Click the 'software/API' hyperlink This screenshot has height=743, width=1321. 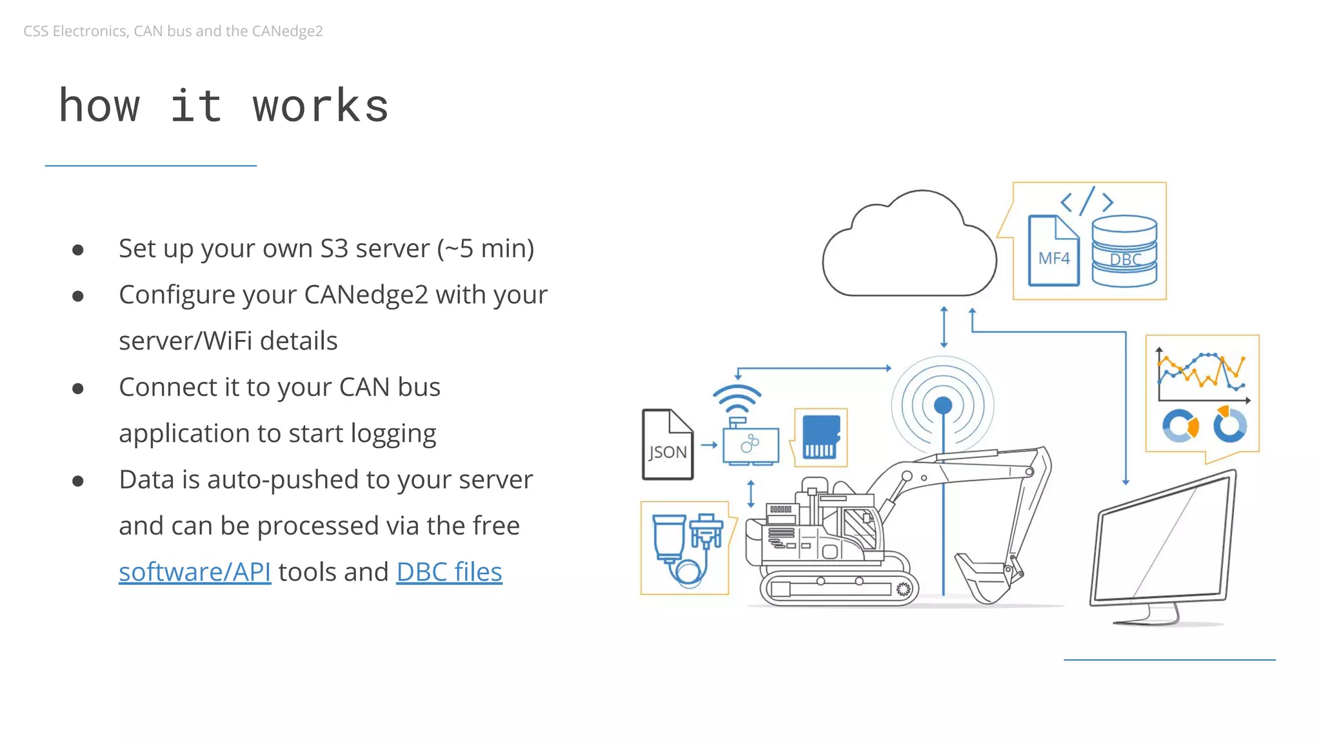pyautogui.click(x=195, y=572)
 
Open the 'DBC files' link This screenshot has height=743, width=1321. pyautogui.click(x=449, y=572)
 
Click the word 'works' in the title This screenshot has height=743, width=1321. pyautogui.click(x=321, y=106)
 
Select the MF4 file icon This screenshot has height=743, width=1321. pyautogui.click(x=1053, y=251)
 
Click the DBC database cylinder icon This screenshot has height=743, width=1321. pyautogui.click(x=1124, y=252)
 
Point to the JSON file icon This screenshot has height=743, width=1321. pyautogui.click(x=668, y=445)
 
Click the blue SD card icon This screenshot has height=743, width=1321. pyautogui.click(x=820, y=437)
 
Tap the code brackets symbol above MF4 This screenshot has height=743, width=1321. pyautogui.click(x=1087, y=201)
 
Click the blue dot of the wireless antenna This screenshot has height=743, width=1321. pyautogui.click(x=943, y=405)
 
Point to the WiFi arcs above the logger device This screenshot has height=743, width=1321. pyautogui.click(x=737, y=399)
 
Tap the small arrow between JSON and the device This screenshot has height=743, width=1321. pyautogui.click(x=709, y=445)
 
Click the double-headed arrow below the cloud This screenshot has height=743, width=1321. pyautogui.click(x=944, y=327)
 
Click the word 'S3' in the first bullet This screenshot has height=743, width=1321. pyautogui.click(x=334, y=249)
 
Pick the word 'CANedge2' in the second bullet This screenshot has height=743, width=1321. pyautogui.click(x=366, y=295)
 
